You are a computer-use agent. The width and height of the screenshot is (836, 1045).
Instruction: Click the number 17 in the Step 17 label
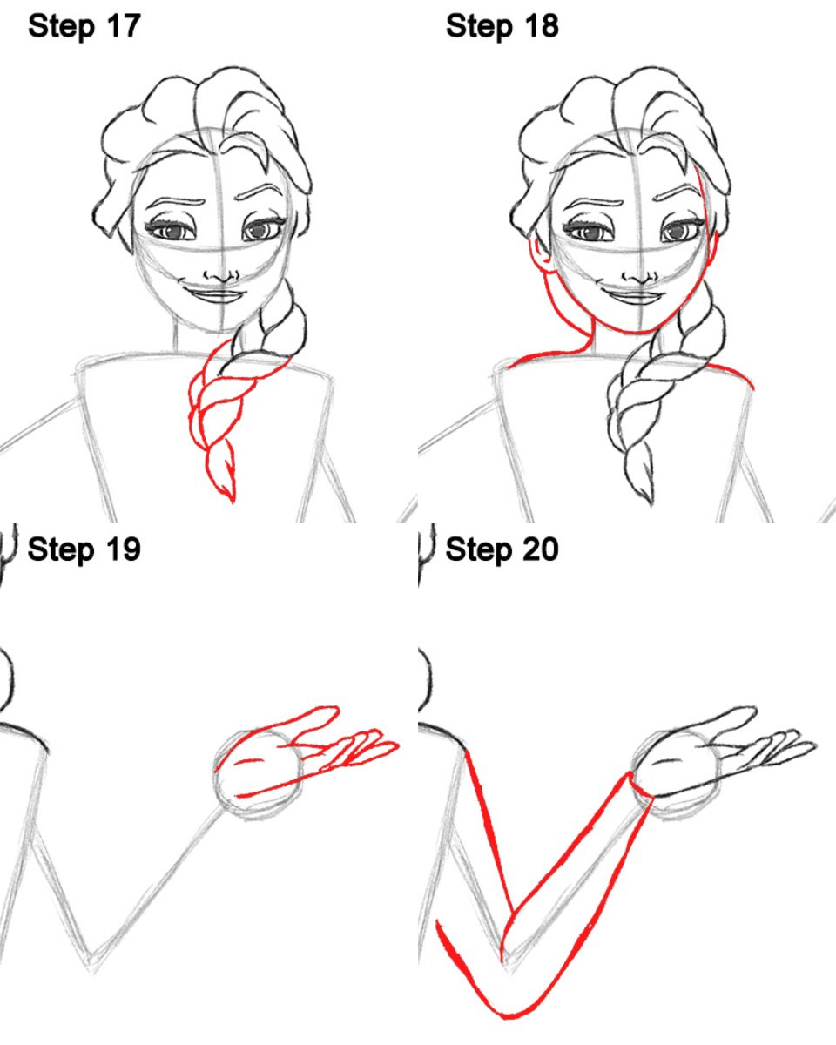coord(124,26)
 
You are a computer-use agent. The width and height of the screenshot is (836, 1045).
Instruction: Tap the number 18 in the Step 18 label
coord(542,26)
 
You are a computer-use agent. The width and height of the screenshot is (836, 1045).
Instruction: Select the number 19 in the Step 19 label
coord(124,549)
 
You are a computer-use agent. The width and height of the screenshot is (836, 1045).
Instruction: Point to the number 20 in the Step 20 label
coord(542,549)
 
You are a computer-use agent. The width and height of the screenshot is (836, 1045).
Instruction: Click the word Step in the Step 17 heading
coord(61,27)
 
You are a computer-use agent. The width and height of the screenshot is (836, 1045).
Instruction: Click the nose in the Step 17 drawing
coord(221,277)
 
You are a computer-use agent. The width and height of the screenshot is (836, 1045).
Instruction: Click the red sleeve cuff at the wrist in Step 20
coord(640,785)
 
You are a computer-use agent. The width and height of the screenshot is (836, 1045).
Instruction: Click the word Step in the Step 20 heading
coord(479,550)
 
